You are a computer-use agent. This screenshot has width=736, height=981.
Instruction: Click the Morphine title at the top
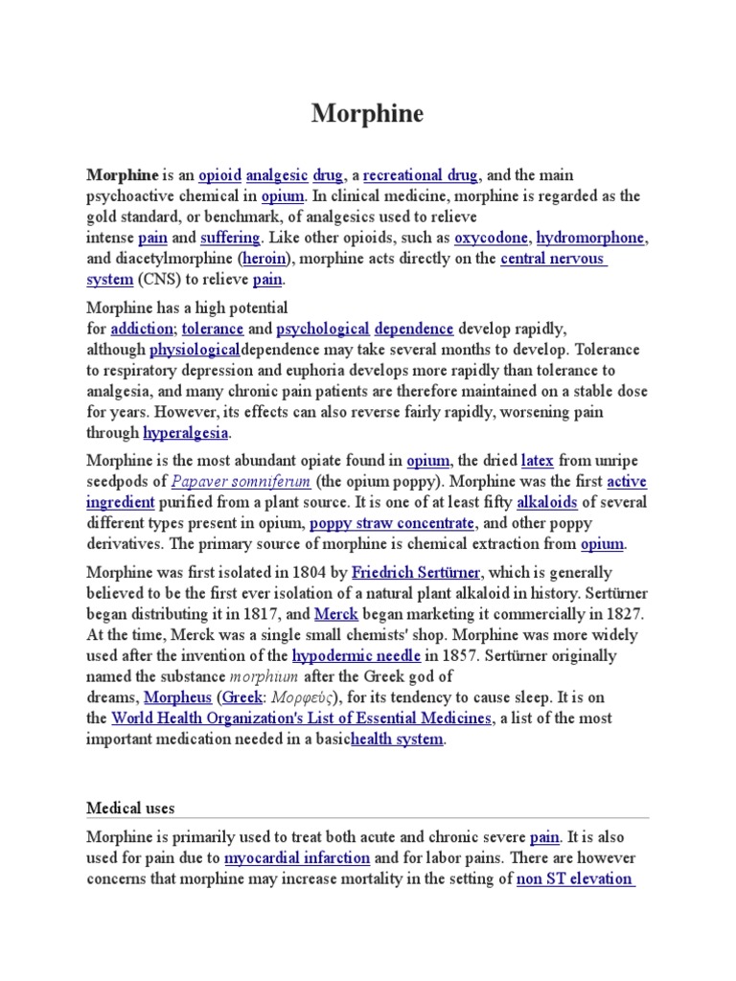coord(367,114)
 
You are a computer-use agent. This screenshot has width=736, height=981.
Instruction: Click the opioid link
coord(219,174)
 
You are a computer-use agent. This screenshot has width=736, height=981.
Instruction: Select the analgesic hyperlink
coord(277,174)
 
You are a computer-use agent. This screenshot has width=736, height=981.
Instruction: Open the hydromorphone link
coord(591,238)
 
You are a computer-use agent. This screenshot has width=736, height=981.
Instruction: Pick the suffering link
coord(230,238)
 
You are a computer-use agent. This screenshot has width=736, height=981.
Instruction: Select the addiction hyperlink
coord(142,329)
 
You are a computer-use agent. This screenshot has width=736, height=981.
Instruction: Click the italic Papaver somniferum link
coord(241,481)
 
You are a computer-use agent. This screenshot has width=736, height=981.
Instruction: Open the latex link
coord(538,460)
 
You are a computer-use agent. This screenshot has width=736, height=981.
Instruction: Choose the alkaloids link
coord(547,502)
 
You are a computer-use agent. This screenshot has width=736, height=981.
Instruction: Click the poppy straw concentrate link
coord(392,523)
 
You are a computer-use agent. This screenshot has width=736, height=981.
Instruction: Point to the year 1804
coord(310,572)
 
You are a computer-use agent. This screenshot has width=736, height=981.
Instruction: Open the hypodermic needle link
coord(356,655)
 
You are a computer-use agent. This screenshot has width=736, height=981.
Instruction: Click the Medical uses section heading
coord(131,809)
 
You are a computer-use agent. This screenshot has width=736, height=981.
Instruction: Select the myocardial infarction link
coord(297,858)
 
